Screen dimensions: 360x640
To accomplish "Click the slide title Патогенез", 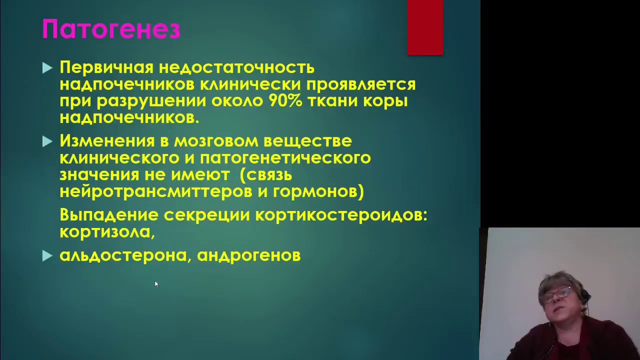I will click(111, 29).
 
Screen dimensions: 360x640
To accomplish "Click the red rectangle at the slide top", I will click(425, 27).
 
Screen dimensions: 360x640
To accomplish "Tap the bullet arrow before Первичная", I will click(47, 68).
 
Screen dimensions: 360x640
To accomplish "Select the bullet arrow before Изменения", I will click(47, 141).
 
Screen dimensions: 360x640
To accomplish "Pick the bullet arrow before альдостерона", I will click(47, 256).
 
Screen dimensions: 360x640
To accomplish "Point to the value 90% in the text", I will click(285, 101).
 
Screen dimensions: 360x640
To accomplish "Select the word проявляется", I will click(361, 84).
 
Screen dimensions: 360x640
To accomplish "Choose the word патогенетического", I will click(285, 158).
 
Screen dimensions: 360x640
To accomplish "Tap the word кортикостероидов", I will click(341, 215).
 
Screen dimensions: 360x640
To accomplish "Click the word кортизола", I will click(106, 232).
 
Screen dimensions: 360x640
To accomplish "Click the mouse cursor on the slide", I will click(156, 284).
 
